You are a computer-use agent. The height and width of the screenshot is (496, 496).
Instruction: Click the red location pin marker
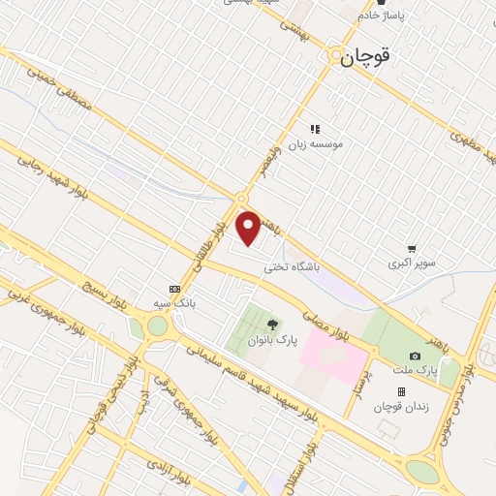click(x=249, y=228)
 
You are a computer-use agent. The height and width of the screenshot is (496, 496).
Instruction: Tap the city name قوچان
click(x=366, y=57)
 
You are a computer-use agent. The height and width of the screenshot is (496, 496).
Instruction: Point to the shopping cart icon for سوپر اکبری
click(x=413, y=248)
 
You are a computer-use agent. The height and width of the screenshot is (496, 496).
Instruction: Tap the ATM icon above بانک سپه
click(x=174, y=288)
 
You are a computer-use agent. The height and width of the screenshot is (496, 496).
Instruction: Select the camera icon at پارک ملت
click(x=415, y=356)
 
